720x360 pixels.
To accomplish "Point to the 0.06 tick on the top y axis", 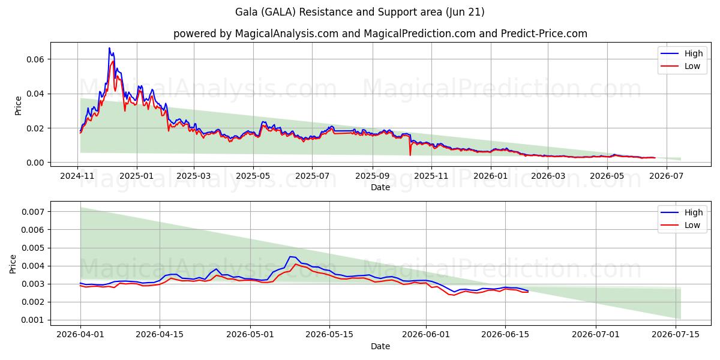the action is coord(35,59).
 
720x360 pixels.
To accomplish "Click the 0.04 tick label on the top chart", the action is coord(35,94).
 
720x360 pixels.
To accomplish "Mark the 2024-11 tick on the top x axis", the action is coord(77,176).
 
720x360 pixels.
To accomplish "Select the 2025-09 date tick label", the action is coord(373,176).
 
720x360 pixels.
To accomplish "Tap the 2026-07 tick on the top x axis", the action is coord(667,176).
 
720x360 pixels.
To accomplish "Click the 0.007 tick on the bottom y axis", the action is coord(33,212).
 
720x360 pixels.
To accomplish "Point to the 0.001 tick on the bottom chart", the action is coord(33,320).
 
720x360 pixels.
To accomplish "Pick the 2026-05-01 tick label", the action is coord(250,335).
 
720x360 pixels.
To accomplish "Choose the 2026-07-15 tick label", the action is coord(676,335).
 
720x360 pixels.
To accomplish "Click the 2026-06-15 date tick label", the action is coord(505,335).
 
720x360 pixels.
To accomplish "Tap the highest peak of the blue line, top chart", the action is coord(109,48).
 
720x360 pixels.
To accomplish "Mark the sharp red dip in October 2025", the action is coord(410,155).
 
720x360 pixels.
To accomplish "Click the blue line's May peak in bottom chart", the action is coord(290,257).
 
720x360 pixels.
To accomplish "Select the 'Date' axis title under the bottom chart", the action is coord(380,347).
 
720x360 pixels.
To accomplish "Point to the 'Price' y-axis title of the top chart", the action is coord(19,106).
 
